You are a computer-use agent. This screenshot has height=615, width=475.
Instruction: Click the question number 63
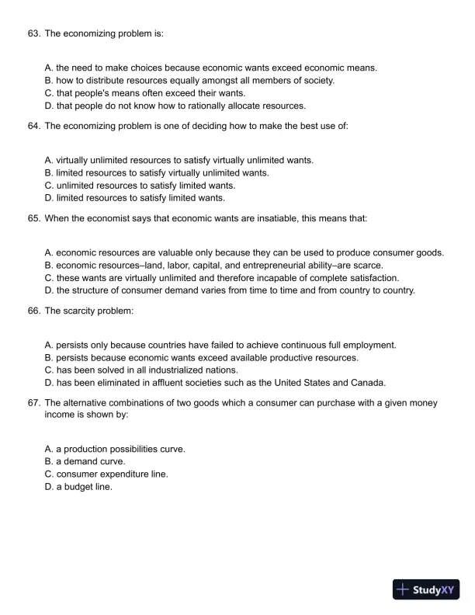(x=33, y=34)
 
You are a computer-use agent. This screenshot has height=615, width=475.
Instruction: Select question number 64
(x=33, y=126)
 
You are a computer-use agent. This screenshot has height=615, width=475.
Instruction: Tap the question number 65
(x=33, y=218)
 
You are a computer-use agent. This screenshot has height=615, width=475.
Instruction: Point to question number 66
(x=33, y=311)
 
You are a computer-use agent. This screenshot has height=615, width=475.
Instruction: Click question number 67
(x=33, y=403)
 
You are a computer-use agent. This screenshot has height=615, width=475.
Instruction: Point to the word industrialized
(x=179, y=370)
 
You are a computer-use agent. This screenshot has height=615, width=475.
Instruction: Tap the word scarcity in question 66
(x=81, y=311)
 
